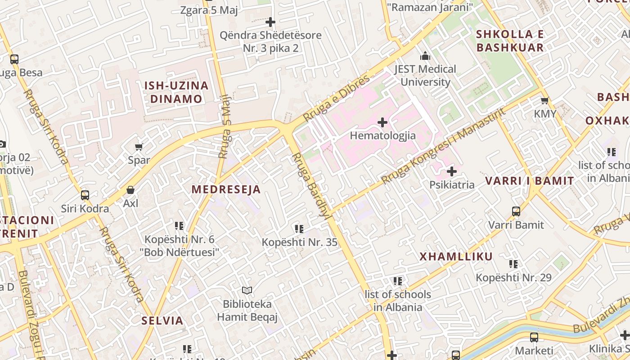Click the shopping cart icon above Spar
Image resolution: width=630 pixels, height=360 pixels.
coord(139,147)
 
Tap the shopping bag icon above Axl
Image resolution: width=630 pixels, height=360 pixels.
coord(130,190)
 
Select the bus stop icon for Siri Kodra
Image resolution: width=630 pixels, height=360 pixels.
coord(85,195)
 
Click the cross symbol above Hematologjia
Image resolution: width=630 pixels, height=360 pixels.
coord(382,122)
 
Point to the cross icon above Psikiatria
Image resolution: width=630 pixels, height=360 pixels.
coord(452,171)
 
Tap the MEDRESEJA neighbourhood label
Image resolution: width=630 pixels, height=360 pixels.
coord(226,189)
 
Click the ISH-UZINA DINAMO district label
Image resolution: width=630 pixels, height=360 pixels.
coord(176,92)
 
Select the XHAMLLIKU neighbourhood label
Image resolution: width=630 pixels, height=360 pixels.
coord(456,257)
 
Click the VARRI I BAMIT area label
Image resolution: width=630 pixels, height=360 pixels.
coord(530,181)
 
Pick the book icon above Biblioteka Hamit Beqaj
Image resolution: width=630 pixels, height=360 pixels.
coord(247,291)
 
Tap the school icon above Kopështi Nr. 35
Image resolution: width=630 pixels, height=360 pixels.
coord(299,229)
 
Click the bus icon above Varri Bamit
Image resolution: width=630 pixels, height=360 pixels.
coord(516,211)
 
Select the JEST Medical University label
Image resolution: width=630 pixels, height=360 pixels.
coord(425,76)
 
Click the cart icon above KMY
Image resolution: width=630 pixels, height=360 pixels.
coord(545,101)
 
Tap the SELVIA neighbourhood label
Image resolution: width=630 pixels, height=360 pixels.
coord(162,321)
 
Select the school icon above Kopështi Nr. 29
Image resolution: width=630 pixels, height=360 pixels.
coord(513,264)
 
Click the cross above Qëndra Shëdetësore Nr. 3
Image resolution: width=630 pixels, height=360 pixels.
coord(270,22)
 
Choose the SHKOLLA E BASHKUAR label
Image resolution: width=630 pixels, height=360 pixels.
coord(510,41)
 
